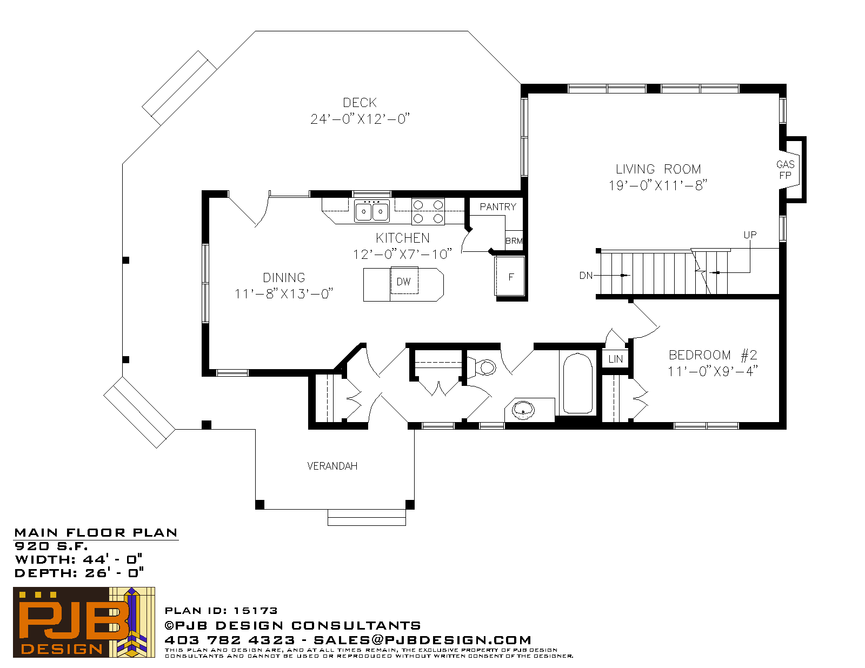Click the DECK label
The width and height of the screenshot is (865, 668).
pos(360,103)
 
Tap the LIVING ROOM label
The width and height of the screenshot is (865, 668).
pos(658,169)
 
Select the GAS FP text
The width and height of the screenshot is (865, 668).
pos(785,170)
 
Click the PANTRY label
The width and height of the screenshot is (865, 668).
pos(497,207)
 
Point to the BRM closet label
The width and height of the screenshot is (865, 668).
pos(514,241)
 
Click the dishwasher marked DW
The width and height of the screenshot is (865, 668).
pos(404,280)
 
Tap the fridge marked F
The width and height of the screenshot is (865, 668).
pos(510,276)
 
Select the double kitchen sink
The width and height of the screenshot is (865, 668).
pos(372,211)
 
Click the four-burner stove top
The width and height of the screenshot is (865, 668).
pos(428,211)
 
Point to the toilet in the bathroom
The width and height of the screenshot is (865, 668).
pos(482,367)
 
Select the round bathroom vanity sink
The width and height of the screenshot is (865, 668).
pos(523,410)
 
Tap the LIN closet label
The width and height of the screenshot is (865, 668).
pos(615,359)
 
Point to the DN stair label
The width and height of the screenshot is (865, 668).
pos(586,275)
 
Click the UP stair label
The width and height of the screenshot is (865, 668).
pos(750,235)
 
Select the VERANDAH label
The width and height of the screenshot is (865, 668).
pos(332,466)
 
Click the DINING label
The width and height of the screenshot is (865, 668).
pos(284,277)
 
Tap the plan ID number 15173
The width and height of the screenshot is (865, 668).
pos(255,611)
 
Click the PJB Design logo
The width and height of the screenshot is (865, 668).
pos(84,622)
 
